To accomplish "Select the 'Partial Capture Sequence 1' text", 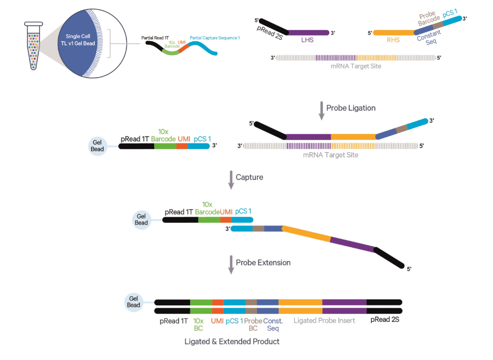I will tap(215, 38).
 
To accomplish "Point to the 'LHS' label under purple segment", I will tap(308, 40).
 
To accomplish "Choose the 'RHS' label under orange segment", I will tap(393, 40).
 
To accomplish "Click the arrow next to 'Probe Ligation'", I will tap(321, 111).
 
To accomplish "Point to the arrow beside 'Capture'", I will tap(230, 180).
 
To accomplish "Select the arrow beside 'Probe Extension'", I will tap(230, 265).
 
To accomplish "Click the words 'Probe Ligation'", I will tap(351, 108).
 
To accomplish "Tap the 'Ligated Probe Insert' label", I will tap(324, 320).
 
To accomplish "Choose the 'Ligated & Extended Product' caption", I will tap(232, 341).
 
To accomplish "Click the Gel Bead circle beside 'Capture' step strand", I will tap(141, 220).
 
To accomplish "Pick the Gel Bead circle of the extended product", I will tap(134, 301).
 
